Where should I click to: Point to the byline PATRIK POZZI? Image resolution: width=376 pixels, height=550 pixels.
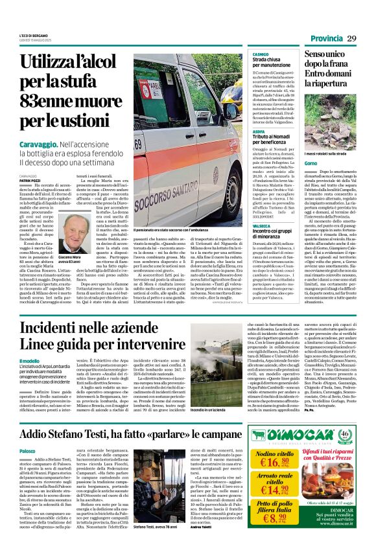tap(30, 180)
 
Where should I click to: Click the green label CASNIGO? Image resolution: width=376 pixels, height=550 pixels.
tap(261, 55)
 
